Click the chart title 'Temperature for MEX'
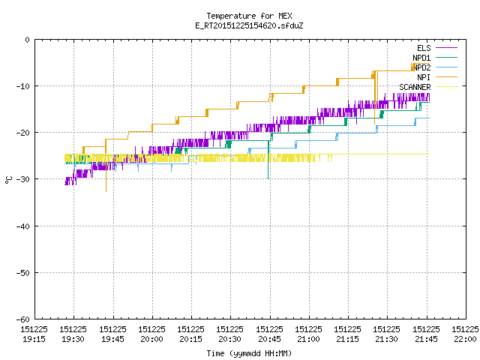pos(249,16)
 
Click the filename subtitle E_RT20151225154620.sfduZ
pos(249,25)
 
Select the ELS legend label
pos(424,48)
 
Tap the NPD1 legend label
pos(421,58)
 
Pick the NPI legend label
pos(424,77)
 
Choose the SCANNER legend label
pos(415,87)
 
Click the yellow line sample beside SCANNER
pos(446,87)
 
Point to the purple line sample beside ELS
pos(446,48)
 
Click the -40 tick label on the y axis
pos(23,226)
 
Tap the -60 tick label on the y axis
pos(23,319)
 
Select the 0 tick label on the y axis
pos(28,40)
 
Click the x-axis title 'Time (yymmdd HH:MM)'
pos(249,353)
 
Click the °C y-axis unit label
pos(8,180)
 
